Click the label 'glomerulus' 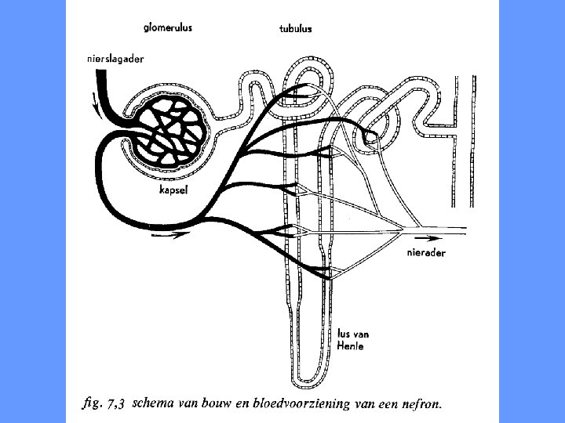168,27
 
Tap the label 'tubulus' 296,29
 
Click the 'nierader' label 427,252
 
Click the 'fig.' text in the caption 93,405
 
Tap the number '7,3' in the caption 116,406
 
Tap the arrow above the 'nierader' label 428,236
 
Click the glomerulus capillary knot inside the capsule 168,129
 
